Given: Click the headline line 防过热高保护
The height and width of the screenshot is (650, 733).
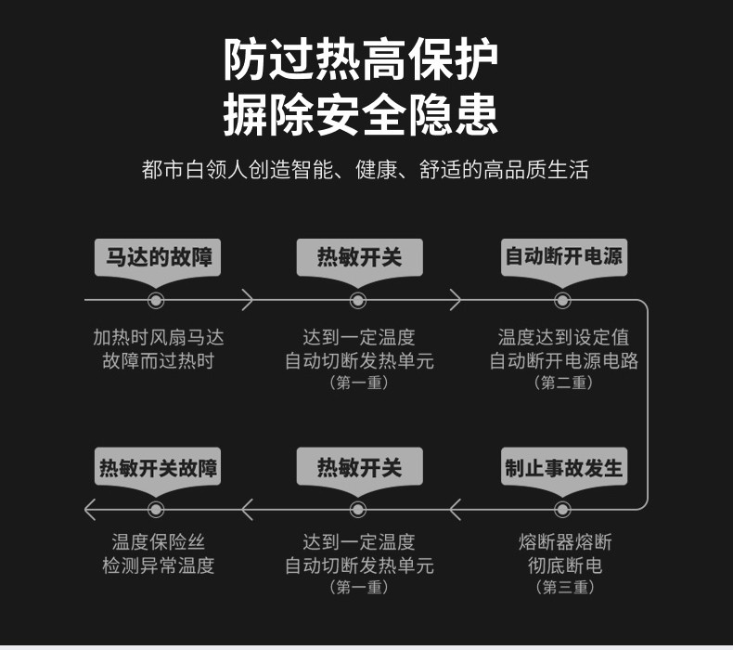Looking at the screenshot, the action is [x=360, y=60].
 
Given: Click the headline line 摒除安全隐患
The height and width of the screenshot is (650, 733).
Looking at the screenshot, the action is [x=360, y=114].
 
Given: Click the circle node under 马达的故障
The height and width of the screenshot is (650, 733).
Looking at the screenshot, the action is [x=156, y=301].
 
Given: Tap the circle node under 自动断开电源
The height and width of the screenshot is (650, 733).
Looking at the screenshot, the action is [x=562, y=301].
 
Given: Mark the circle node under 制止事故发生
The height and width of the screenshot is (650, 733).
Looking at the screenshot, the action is [x=562, y=510].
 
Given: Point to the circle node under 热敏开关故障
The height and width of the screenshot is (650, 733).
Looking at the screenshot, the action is [x=156, y=510].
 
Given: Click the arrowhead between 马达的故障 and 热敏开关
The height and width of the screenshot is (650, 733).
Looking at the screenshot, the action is [x=248, y=300].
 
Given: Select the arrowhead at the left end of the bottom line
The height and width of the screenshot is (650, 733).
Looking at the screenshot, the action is [x=90, y=510].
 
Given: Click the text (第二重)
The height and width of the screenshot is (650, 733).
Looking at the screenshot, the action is [x=563, y=383].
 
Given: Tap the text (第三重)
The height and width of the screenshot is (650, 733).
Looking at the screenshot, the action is [x=564, y=587].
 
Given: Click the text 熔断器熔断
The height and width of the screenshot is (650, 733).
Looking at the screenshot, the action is [x=565, y=542].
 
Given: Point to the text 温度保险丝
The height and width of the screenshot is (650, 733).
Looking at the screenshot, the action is [x=158, y=542].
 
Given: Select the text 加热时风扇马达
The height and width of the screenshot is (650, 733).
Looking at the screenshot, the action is [x=158, y=337].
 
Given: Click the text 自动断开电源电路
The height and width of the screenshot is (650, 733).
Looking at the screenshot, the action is [x=564, y=361].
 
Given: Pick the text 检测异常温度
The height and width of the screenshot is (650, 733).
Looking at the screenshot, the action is [x=158, y=565].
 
